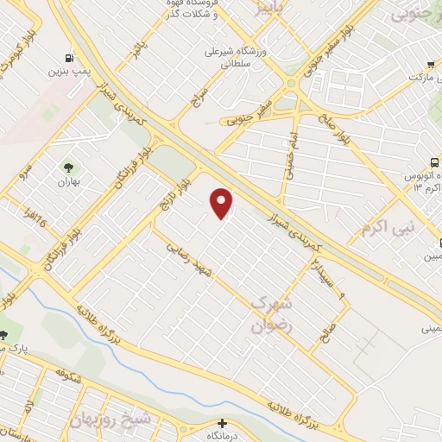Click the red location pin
pos(223,202)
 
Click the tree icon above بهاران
pos(68,166)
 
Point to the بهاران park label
pos(68,182)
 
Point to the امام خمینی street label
pos(290,147)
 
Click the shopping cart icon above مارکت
pos(433,64)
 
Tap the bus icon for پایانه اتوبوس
pos(434,162)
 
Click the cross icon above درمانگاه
pos(223,424)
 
